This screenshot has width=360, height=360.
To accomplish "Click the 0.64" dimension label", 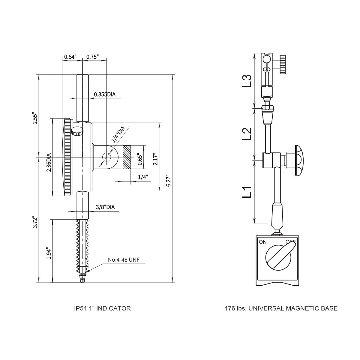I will [70, 57].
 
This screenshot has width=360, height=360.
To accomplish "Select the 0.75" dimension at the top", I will [92, 57].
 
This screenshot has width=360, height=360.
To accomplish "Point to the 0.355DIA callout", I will [105, 94].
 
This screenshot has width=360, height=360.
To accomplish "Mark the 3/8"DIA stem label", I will [105, 207].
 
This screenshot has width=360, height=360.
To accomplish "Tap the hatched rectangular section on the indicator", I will [126, 157].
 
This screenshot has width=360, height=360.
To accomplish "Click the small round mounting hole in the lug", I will [106, 157].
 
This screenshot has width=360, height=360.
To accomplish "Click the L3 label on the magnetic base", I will [247, 81].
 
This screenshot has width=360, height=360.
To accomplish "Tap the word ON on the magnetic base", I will [263, 242].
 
